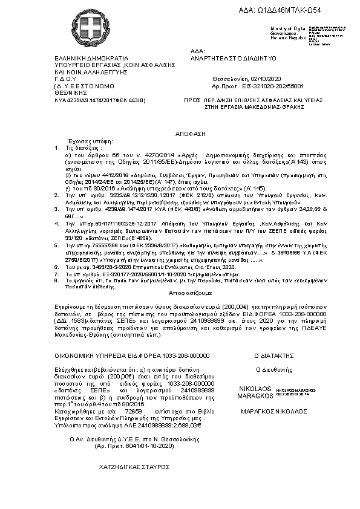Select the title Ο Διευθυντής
pos(274,368)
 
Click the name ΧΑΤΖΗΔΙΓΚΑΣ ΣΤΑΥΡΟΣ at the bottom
pos(134,467)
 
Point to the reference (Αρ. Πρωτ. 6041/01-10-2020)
pos(134,446)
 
